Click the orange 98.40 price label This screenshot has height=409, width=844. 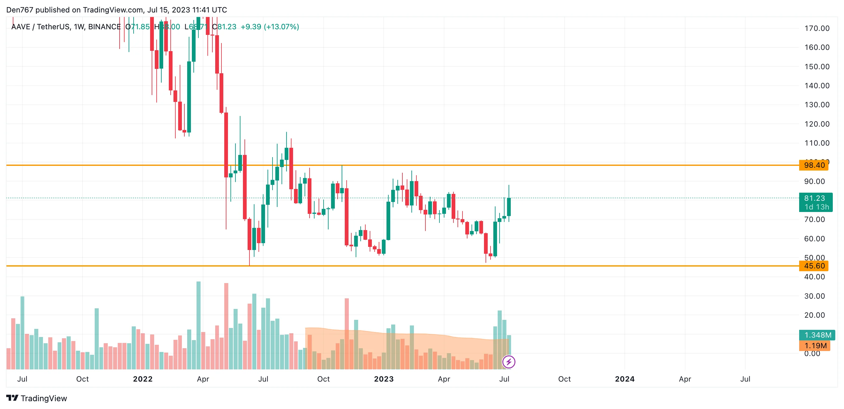(x=814, y=165)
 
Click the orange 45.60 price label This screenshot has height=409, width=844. (x=814, y=266)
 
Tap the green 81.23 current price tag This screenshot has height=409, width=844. (x=815, y=202)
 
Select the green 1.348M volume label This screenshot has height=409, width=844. (x=817, y=335)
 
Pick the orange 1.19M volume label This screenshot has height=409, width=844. (x=815, y=346)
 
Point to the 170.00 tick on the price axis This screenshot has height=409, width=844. (x=817, y=29)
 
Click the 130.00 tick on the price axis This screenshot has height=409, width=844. (x=817, y=105)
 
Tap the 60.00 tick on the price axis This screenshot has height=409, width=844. (x=814, y=239)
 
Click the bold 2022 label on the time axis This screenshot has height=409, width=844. (x=143, y=379)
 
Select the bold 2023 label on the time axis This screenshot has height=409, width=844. (x=384, y=379)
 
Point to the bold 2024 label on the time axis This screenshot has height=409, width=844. (x=624, y=379)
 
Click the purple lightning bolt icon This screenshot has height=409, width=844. (x=509, y=362)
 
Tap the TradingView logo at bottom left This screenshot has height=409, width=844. (x=37, y=398)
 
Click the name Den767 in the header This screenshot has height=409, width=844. (x=20, y=10)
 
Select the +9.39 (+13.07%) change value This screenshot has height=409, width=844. (x=270, y=27)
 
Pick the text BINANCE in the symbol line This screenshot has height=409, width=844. (x=104, y=27)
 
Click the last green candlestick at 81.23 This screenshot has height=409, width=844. (x=509, y=207)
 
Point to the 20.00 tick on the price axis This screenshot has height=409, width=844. (x=814, y=315)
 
